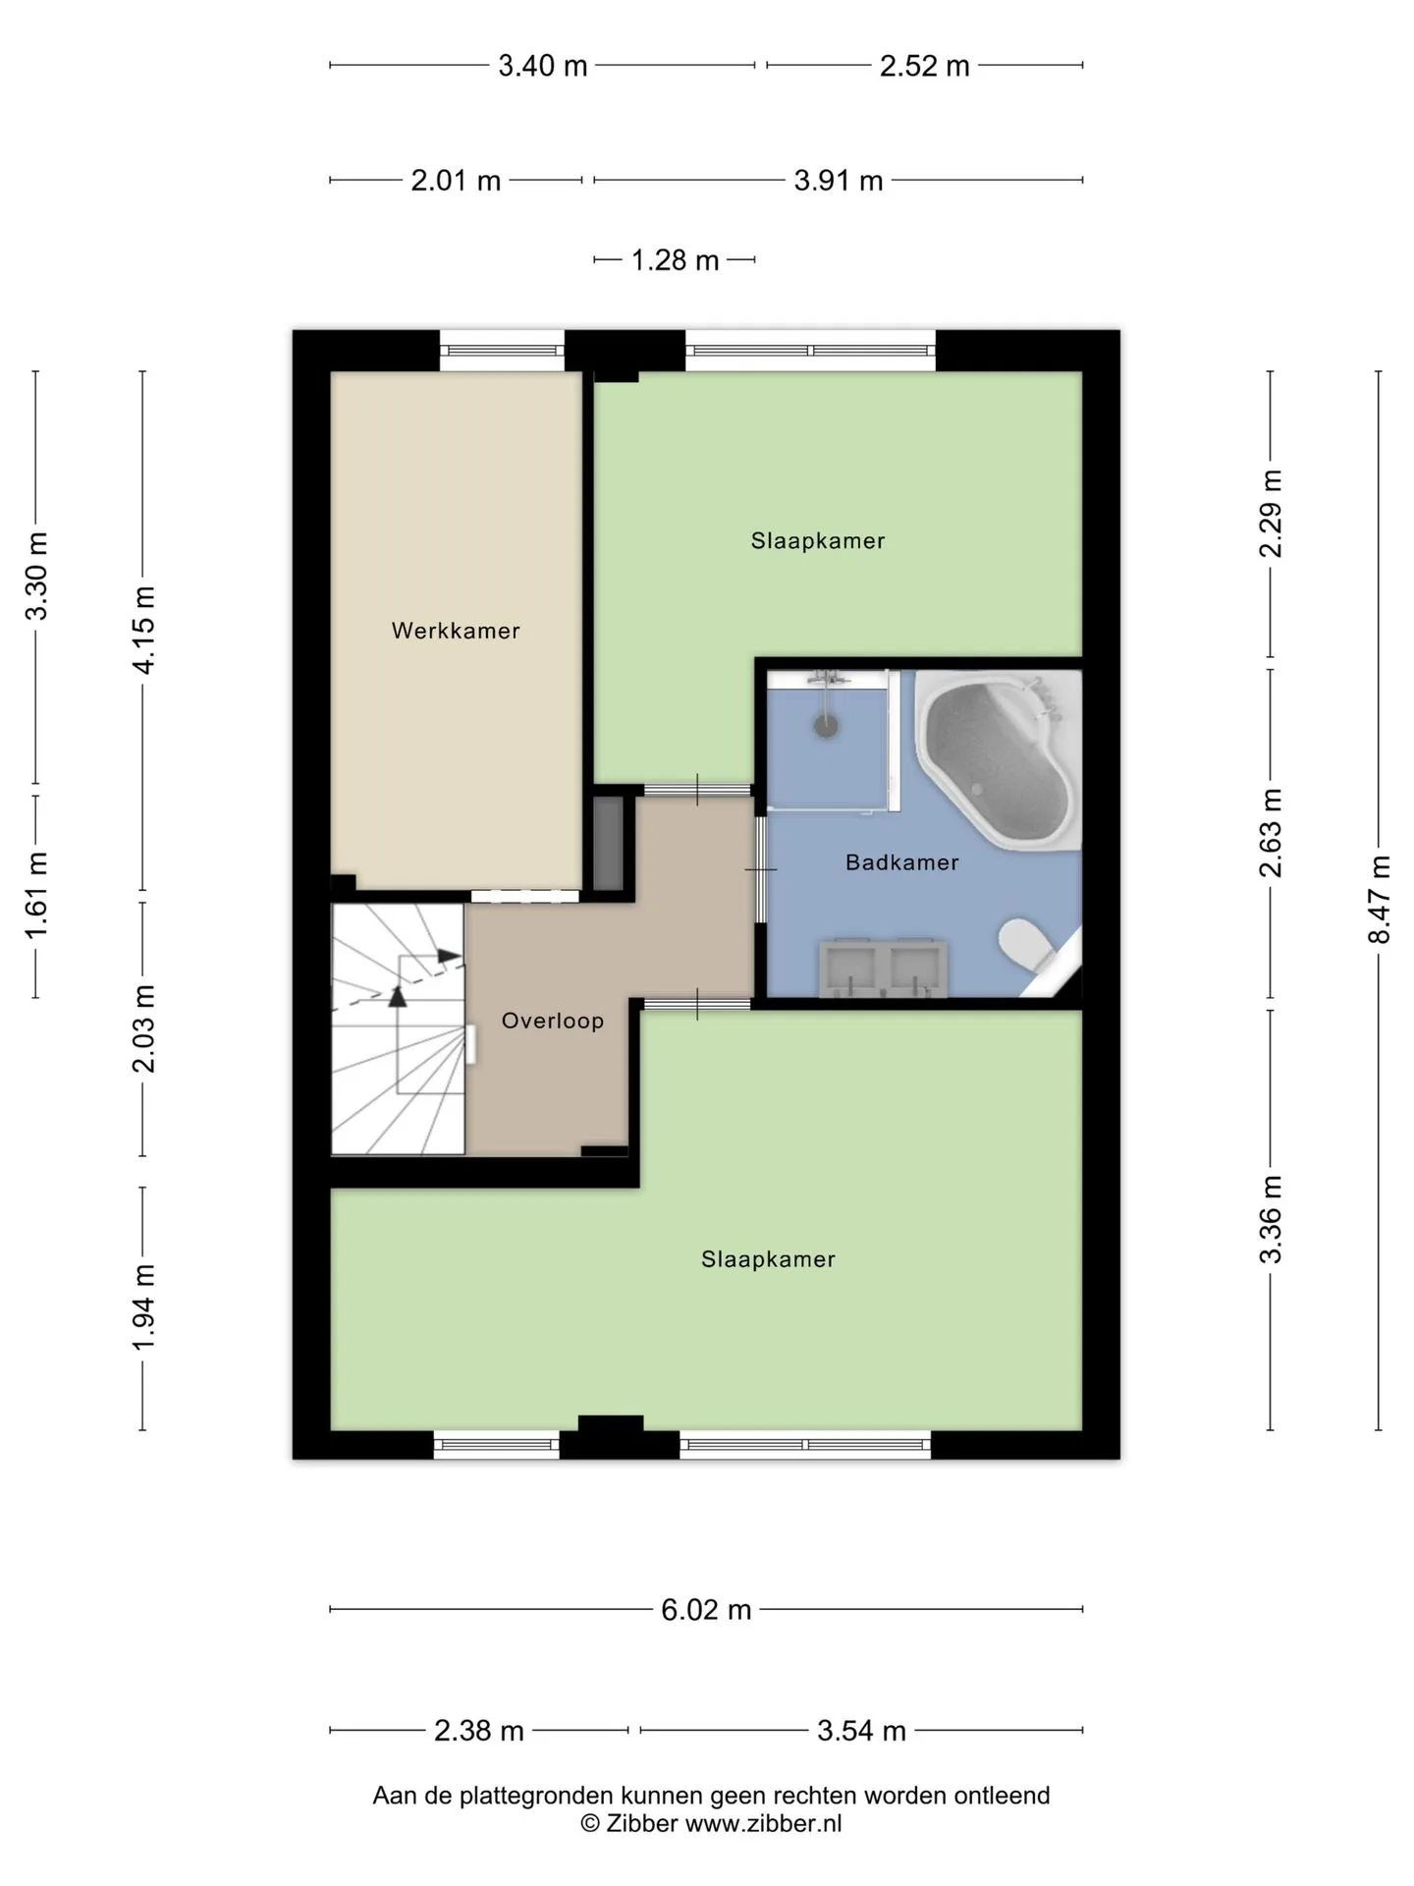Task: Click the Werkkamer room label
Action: point(456,631)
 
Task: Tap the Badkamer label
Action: point(902,862)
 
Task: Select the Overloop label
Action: point(553,1021)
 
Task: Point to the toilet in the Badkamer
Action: point(1025,945)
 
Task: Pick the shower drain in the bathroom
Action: point(827,726)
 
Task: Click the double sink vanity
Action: point(884,968)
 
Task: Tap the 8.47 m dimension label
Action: point(1380,900)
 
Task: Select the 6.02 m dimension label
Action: point(706,1610)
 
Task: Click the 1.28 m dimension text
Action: point(675,260)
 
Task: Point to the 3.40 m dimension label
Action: point(543,66)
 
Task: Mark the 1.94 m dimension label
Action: point(143,1307)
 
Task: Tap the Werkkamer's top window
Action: point(502,351)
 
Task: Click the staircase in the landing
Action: point(398,1029)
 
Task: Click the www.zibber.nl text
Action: point(763,1824)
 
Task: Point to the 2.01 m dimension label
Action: point(456,181)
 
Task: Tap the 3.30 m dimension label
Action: point(36,576)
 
